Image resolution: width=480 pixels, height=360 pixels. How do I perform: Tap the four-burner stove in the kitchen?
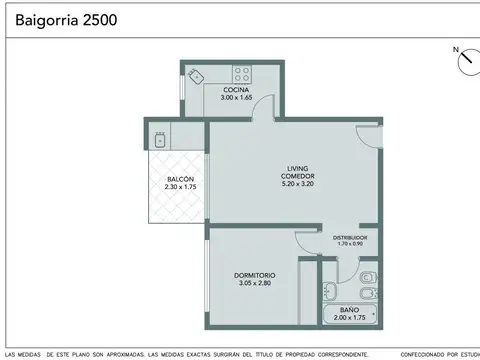click(242, 72)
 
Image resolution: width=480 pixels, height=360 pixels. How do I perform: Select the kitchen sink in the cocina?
click(199, 75)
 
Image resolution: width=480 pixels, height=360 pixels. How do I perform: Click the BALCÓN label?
click(180, 179)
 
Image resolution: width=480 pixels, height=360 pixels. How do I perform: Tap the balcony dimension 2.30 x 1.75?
click(180, 187)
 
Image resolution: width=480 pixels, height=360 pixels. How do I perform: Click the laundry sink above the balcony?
click(158, 133)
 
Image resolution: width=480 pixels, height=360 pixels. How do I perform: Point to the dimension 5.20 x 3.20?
click(298, 185)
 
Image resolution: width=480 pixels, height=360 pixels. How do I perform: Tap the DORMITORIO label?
click(255, 275)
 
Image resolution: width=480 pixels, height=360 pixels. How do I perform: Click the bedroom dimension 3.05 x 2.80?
click(255, 283)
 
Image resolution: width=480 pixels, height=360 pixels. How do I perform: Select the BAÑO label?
click(349, 311)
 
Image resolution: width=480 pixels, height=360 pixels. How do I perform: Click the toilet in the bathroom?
click(367, 293)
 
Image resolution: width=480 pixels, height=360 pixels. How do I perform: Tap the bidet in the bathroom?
click(368, 277)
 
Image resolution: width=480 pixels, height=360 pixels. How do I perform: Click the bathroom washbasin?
click(330, 292)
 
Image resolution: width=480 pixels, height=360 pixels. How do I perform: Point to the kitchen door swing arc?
click(261, 113)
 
